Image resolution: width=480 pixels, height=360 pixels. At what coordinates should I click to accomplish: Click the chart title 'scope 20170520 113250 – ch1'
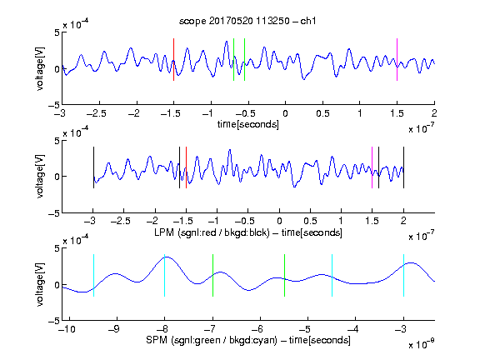[x=247, y=21]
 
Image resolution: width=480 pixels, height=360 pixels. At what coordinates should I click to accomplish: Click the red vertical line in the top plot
[x=173, y=60]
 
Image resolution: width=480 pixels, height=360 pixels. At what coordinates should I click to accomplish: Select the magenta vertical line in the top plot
[x=397, y=60]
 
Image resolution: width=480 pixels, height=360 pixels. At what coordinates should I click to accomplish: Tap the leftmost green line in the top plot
[x=233, y=60]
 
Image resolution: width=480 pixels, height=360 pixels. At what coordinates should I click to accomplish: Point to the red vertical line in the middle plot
[x=186, y=167]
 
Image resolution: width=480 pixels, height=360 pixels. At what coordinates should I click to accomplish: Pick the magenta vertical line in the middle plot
[x=372, y=167]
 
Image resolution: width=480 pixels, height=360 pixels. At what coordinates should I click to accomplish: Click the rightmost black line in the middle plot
[x=403, y=167]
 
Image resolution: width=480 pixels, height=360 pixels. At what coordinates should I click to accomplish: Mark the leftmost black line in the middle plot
[x=93, y=167]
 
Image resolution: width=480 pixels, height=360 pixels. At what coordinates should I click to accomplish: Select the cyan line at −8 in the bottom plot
[x=164, y=275]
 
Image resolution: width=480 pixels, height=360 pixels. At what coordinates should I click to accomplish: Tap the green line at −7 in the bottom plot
[x=212, y=275]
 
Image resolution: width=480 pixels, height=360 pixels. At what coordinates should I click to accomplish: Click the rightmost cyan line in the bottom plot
[x=403, y=275]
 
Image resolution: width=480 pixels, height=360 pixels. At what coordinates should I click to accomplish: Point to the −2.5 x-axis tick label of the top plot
[x=97, y=113]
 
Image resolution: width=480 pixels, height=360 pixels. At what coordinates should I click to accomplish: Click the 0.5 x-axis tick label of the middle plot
[x=310, y=221]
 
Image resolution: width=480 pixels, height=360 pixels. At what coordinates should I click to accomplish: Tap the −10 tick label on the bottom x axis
[x=67, y=329]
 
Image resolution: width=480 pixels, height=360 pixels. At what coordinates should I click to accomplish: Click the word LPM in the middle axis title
[x=164, y=232]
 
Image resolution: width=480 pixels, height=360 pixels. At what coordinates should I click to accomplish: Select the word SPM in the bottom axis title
[x=157, y=340]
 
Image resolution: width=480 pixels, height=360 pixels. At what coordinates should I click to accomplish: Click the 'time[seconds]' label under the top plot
[x=248, y=124]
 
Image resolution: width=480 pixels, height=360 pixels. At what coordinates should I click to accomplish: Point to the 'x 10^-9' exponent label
[x=421, y=344]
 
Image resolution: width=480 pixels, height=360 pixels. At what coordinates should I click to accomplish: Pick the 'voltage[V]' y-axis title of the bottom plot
[x=40, y=284]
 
